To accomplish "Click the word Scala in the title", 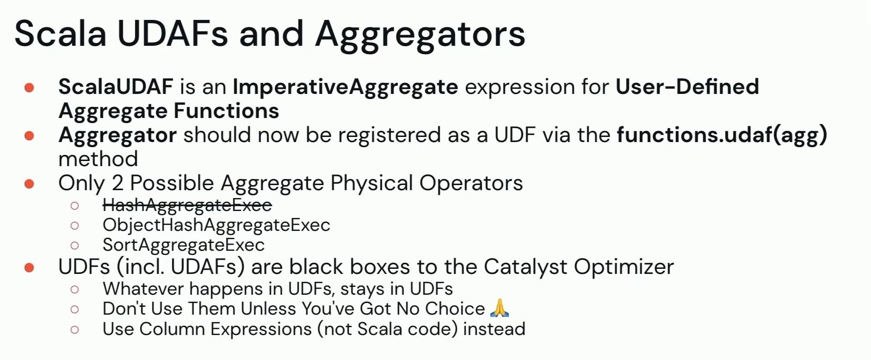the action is (60, 33).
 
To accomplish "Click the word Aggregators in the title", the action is (420, 36).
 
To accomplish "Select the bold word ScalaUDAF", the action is (116, 87).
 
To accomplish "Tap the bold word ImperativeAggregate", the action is (345, 87).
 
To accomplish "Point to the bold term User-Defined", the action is (687, 87).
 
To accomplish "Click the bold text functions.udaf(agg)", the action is (722, 136).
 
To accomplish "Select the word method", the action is (98, 159).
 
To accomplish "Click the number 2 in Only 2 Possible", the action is (117, 183).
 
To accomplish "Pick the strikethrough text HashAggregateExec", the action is (187, 205).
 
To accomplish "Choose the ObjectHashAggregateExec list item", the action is (216, 225).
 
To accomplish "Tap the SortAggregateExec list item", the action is (184, 245).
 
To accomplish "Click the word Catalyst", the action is (526, 267).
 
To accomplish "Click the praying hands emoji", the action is (499, 308).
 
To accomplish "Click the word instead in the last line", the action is (494, 329).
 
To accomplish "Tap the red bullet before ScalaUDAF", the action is (29, 87).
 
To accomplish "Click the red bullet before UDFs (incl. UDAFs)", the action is (29, 267).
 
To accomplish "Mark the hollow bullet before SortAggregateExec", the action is (74, 245).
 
